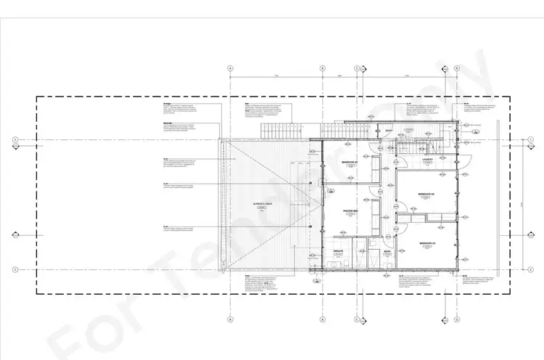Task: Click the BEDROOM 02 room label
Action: (x=349, y=162)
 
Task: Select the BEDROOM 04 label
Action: (x=426, y=195)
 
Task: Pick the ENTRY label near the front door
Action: (x=389, y=131)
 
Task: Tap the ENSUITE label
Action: (x=338, y=252)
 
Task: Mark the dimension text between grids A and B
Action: (x=276, y=75)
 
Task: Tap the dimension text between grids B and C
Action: (x=339, y=75)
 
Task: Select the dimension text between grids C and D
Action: (x=407, y=75)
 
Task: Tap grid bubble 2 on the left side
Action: (x=15, y=269)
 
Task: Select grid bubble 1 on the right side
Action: (x=532, y=140)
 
